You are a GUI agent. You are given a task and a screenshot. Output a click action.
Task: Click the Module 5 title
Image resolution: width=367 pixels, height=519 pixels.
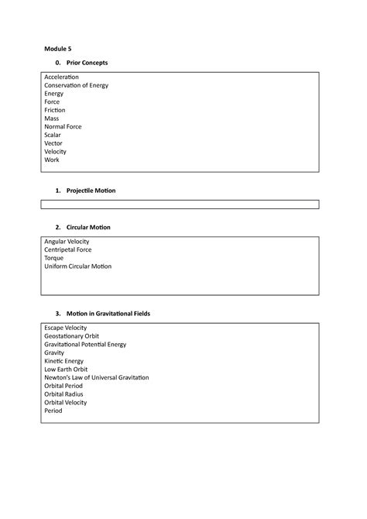(57, 47)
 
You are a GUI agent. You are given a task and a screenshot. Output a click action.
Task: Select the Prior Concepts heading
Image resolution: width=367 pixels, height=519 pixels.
(87, 62)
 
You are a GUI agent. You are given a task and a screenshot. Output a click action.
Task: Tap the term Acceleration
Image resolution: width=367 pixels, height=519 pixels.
(62, 77)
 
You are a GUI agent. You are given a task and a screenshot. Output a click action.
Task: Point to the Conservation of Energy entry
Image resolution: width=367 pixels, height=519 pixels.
(77, 86)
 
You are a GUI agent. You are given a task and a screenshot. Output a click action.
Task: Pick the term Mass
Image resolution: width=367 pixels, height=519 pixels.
(52, 119)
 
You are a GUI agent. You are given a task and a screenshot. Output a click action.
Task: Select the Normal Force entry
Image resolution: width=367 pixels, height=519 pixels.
(63, 127)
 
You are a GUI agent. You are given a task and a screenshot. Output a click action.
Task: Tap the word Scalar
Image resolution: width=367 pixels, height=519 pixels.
(53, 136)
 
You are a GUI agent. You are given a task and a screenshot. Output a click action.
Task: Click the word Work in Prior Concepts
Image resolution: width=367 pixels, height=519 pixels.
(52, 160)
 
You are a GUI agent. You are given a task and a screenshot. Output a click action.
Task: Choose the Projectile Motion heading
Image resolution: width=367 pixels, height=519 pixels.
(91, 191)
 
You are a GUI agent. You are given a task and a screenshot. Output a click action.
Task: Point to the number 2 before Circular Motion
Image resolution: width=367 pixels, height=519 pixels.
(58, 228)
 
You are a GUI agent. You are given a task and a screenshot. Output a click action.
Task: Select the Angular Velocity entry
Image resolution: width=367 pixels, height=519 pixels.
(67, 242)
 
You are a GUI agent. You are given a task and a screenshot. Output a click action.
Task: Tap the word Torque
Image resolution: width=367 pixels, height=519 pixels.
(55, 258)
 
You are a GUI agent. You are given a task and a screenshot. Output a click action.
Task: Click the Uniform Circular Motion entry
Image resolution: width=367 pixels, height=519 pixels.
(78, 266)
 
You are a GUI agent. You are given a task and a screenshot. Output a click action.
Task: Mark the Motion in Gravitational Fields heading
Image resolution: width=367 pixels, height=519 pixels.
(108, 314)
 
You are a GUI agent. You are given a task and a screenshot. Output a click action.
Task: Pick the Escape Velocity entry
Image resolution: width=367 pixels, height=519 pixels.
(66, 328)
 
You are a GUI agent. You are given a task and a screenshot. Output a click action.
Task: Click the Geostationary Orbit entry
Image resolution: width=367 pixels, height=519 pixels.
(71, 337)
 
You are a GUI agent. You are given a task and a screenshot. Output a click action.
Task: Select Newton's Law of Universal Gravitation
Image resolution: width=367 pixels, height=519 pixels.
(97, 378)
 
